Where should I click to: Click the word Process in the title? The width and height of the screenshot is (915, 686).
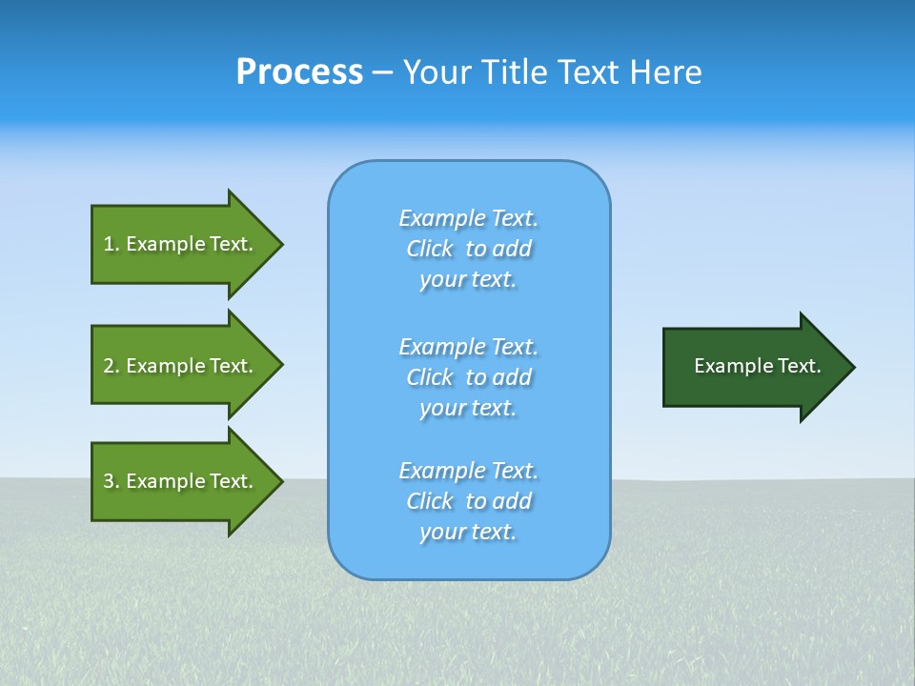click(299, 72)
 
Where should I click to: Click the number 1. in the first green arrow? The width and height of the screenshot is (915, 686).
click(112, 244)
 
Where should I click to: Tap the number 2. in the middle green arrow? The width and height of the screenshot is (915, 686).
click(112, 366)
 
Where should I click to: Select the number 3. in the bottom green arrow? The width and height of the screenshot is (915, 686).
click(112, 481)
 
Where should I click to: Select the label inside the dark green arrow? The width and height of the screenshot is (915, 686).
click(757, 366)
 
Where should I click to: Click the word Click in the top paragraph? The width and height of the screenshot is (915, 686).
click(430, 249)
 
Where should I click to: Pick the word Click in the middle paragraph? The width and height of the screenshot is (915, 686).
click(430, 377)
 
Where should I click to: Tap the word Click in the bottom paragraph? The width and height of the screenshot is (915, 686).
click(430, 501)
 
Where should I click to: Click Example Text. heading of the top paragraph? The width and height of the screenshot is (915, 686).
click(468, 218)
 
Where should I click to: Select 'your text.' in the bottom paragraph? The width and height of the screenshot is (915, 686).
click(467, 533)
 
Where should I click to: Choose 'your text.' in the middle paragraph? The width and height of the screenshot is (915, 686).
click(467, 408)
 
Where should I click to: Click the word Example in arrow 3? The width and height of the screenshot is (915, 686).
click(165, 481)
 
